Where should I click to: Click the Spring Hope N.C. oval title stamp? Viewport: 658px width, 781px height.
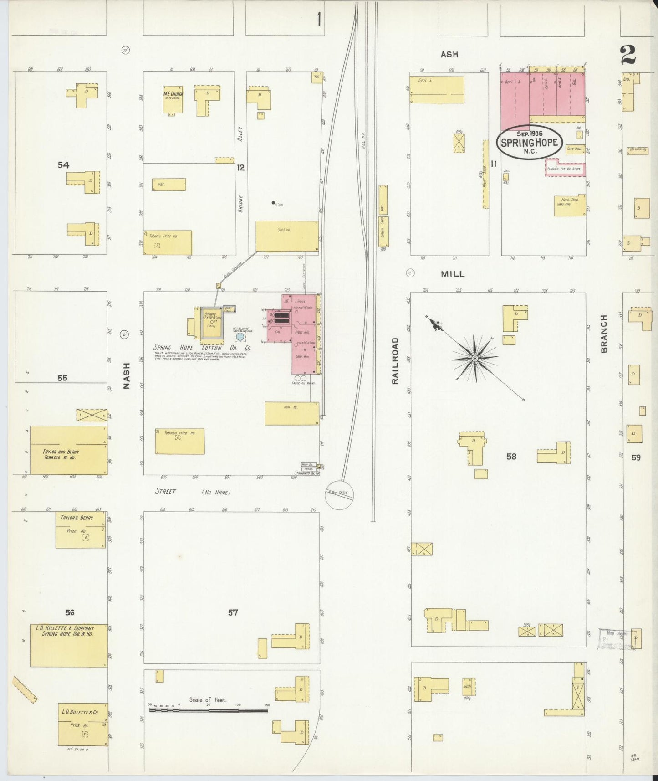[x=529, y=142]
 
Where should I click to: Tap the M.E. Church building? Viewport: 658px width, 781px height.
[x=173, y=99]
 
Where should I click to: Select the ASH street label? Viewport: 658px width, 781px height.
[x=449, y=54]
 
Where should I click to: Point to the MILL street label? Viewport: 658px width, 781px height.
[x=453, y=274]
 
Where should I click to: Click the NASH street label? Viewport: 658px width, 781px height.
[x=127, y=375]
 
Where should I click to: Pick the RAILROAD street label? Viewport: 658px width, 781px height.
[x=395, y=360]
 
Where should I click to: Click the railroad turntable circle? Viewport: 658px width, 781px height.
[x=339, y=494]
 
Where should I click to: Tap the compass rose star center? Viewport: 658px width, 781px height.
[x=475, y=358]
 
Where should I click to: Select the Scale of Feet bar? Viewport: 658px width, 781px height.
[x=209, y=710]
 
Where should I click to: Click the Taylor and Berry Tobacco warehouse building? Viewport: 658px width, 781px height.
[x=68, y=450]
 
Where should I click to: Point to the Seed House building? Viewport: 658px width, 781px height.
[x=287, y=236]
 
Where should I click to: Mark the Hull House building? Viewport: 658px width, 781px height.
[x=292, y=413]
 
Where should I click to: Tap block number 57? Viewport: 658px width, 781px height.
[x=233, y=613]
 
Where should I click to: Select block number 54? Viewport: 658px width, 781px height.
[x=63, y=165]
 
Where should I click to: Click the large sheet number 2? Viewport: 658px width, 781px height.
[x=628, y=56]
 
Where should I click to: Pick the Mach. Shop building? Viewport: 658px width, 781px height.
[x=570, y=206]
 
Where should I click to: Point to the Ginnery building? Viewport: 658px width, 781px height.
[x=212, y=323]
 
